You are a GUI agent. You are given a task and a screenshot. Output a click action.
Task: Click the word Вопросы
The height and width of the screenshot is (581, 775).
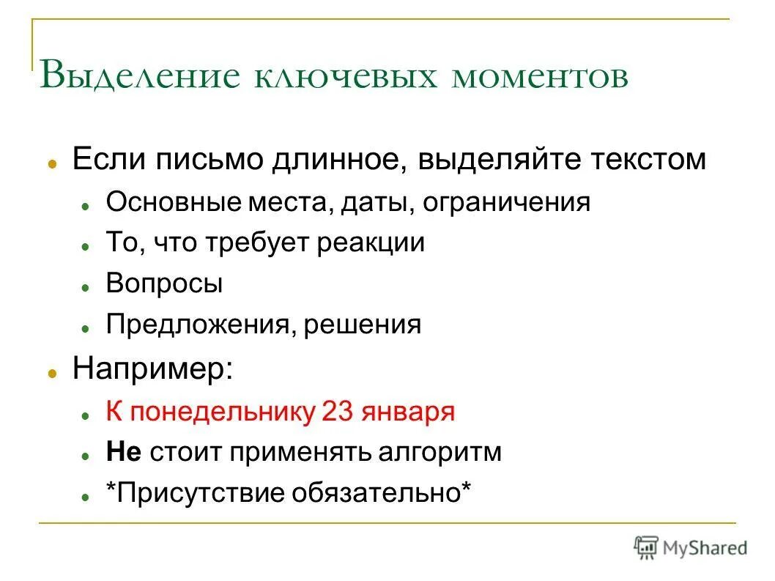click(x=164, y=284)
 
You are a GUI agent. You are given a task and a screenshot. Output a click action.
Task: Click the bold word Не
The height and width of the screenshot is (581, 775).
click(x=124, y=452)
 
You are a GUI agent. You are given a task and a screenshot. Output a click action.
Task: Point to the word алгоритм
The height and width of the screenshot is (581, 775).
click(x=440, y=452)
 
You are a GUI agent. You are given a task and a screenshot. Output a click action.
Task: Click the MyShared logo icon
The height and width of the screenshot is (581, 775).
click(x=646, y=547)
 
